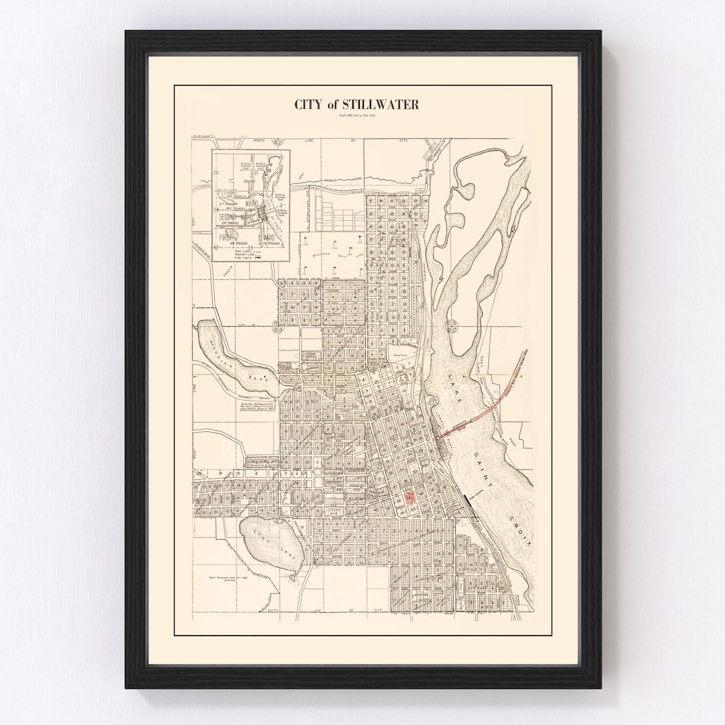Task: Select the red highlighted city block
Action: [x=409, y=499]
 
